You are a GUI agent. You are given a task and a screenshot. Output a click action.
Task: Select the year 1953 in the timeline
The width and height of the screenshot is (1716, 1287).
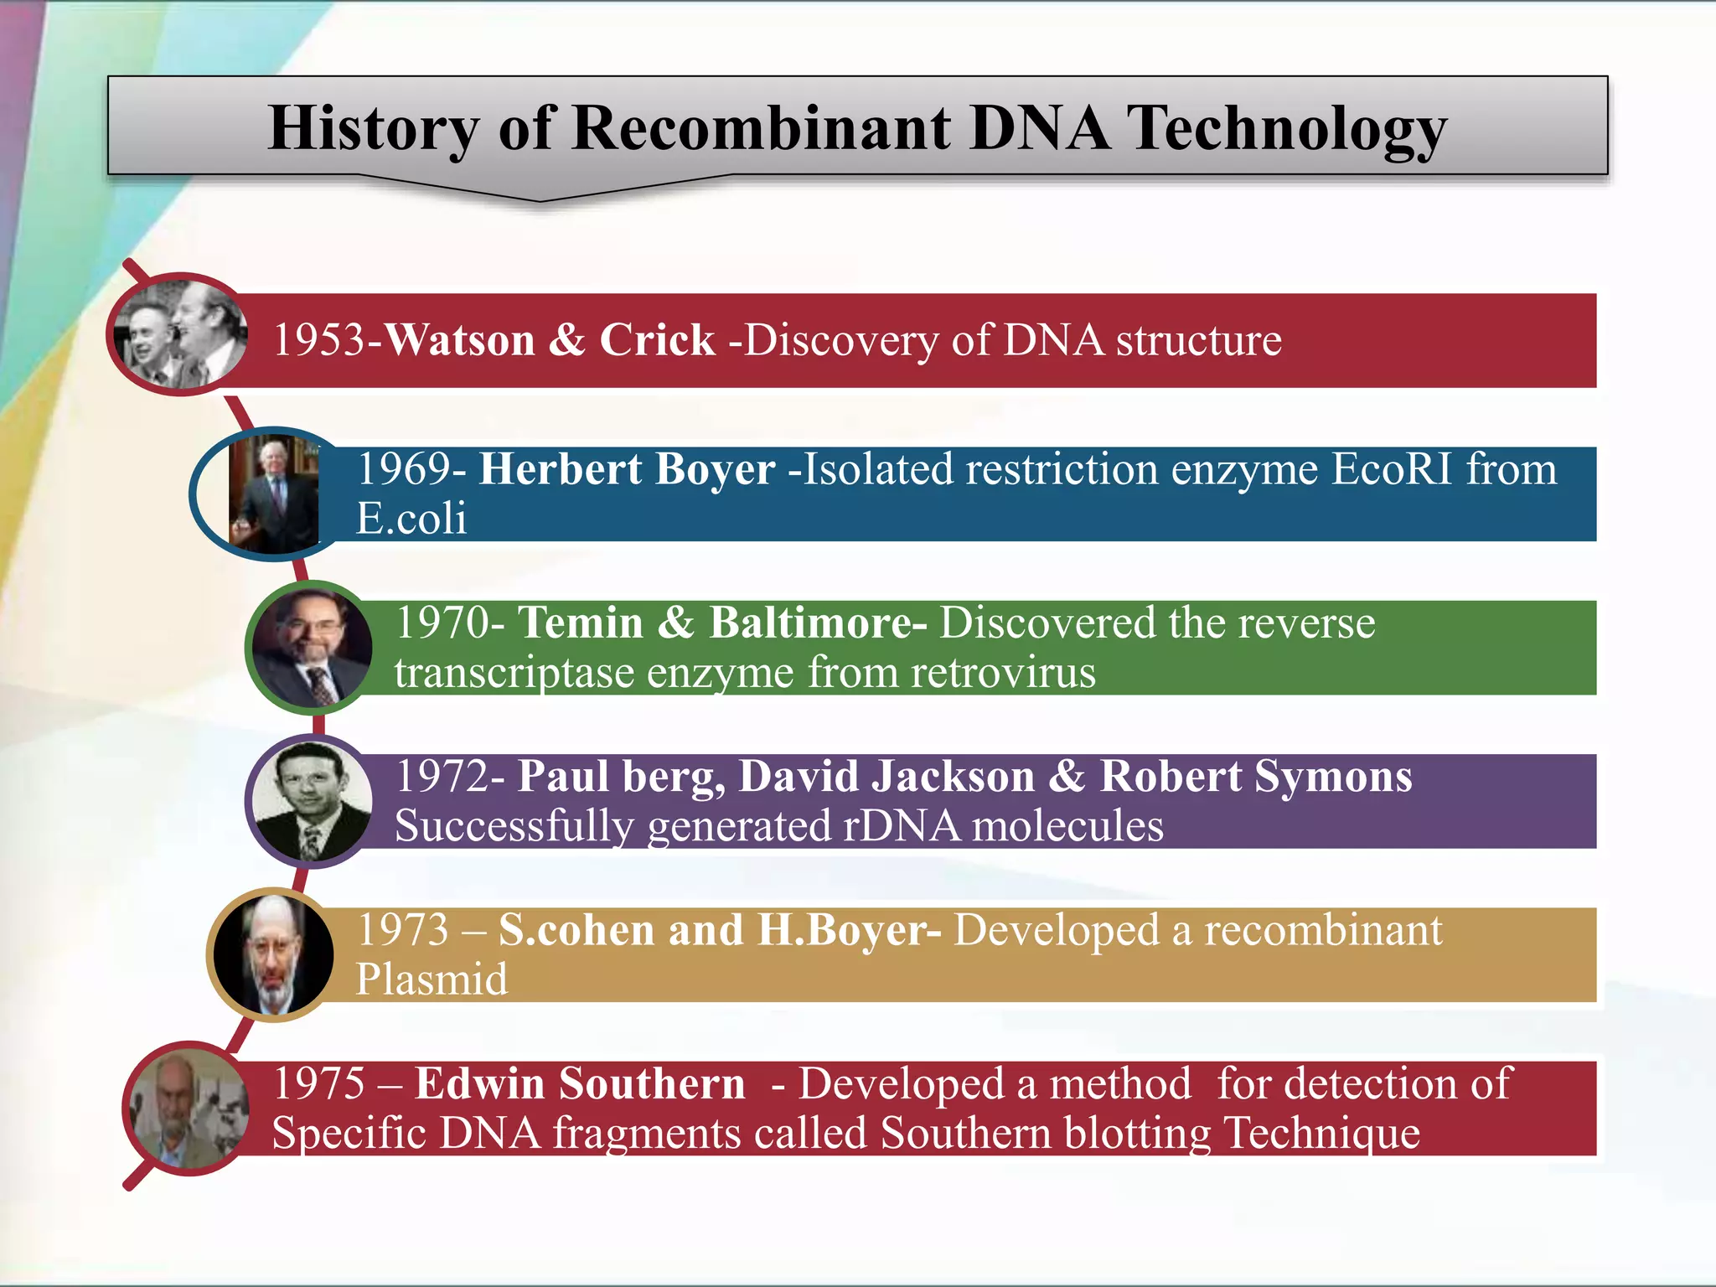pos(319,340)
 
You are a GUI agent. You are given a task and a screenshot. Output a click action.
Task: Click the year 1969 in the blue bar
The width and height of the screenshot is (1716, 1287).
pos(404,469)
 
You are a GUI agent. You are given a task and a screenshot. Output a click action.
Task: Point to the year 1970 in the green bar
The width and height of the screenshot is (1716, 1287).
pos(442,623)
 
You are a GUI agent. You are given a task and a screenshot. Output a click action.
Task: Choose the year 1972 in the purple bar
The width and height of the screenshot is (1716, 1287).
pos(442,777)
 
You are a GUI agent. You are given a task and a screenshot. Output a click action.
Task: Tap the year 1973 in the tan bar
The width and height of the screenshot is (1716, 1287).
pos(403,930)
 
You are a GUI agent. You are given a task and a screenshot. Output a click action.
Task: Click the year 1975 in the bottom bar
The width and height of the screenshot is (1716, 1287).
pos(319,1083)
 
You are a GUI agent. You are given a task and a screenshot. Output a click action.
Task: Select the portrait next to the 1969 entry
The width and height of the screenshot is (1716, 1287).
pos(274,494)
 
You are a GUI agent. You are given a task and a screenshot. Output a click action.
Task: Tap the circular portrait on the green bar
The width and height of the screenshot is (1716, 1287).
pos(312,648)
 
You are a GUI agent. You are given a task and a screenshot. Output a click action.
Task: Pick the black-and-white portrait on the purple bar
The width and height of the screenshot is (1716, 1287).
pos(312,801)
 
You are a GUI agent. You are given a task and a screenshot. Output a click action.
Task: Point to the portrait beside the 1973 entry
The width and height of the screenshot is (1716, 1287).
pos(273,954)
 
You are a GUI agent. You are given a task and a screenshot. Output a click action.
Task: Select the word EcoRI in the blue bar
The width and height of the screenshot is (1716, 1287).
pos(1391,469)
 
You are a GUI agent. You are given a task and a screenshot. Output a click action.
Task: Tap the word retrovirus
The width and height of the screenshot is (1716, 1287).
pos(1003,673)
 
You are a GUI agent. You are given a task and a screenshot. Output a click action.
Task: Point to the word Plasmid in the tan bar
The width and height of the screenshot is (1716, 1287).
pos(432,979)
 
